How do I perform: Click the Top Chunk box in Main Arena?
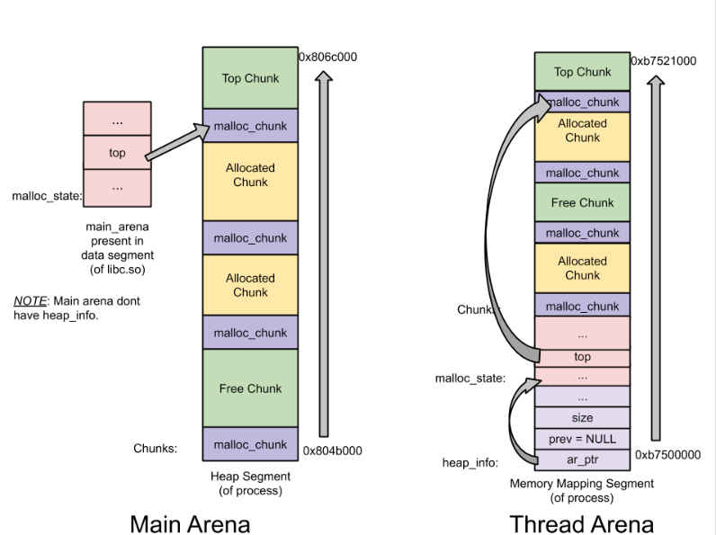pyautogui.click(x=250, y=78)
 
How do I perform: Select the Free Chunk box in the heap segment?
pyautogui.click(x=250, y=388)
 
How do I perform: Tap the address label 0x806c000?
pyautogui.click(x=327, y=57)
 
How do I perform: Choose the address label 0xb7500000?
pyautogui.click(x=667, y=455)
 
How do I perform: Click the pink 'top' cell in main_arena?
pyautogui.click(x=117, y=153)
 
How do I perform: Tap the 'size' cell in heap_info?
pyautogui.click(x=582, y=418)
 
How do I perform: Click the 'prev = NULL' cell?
pyautogui.click(x=582, y=439)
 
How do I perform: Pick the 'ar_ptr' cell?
pyautogui.click(x=582, y=459)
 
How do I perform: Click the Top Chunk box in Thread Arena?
pyautogui.click(x=582, y=72)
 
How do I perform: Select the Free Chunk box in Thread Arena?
pyautogui.click(x=582, y=202)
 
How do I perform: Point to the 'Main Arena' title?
pyautogui.click(x=190, y=522)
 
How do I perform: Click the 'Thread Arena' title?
pyautogui.click(x=581, y=522)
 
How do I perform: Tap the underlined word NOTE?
pyautogui.click(x=30, y=301)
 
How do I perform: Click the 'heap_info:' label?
pyautogui.click(x=470, y=462)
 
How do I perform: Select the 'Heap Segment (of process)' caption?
pyautogui.click(x=250, y=483)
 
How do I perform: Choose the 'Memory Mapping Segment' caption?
pyautogui.click(x=582, y=483)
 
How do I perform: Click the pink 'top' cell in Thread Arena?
pyautogui.click(x=582, y=357)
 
